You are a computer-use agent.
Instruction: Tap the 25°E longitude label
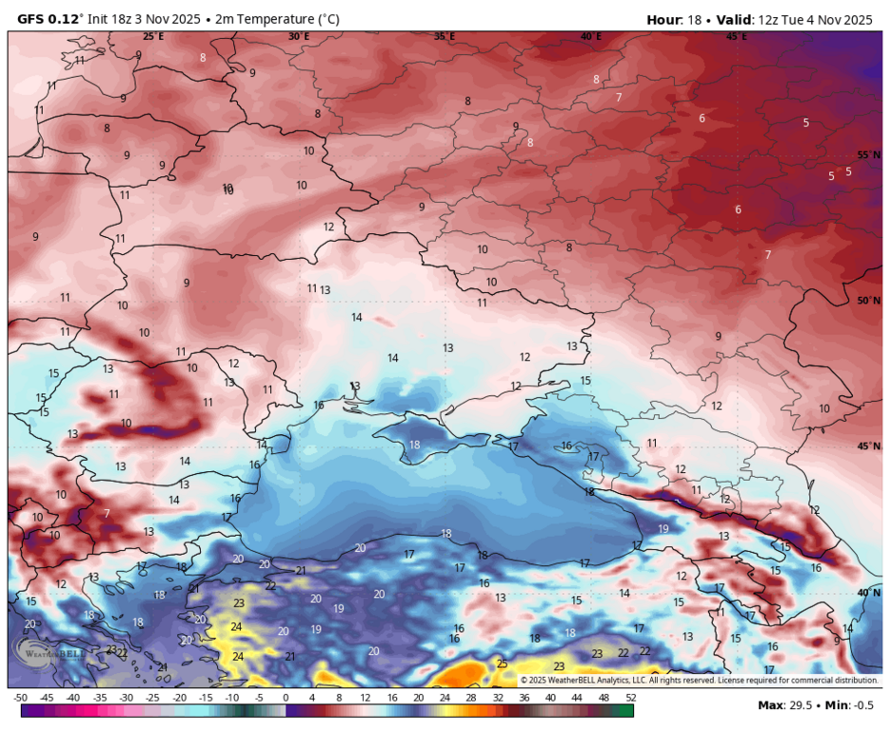click(152, 36)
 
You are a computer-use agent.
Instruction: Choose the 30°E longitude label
click(298, 36)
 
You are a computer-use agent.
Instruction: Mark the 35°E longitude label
click(445, 36)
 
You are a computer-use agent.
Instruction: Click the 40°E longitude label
click(590, 36)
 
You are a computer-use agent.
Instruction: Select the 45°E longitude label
click(736, 36)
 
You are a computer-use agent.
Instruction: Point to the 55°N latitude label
click(868, 155)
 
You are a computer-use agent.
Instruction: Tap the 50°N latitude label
click(868, 301)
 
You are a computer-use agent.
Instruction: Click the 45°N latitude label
click(868, 446)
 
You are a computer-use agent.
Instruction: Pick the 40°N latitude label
click(868, 592)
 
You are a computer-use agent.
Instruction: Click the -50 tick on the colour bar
click(21, 698)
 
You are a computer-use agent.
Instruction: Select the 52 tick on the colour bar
click(630, 698)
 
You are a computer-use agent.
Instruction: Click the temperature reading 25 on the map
click(502, 663)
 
